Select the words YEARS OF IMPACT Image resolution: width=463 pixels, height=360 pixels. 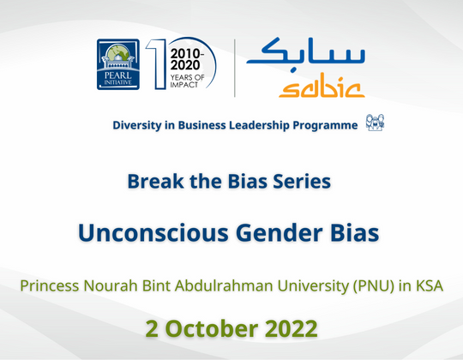190,78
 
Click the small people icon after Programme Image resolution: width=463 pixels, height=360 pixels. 375,123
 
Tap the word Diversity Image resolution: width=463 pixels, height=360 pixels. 139,126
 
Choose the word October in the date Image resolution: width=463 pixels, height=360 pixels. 233,327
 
